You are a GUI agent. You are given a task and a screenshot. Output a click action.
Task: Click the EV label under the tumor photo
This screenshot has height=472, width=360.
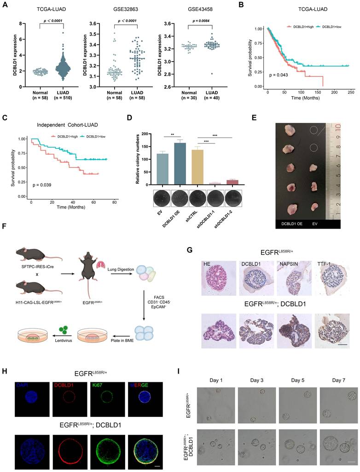(314, 223)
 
